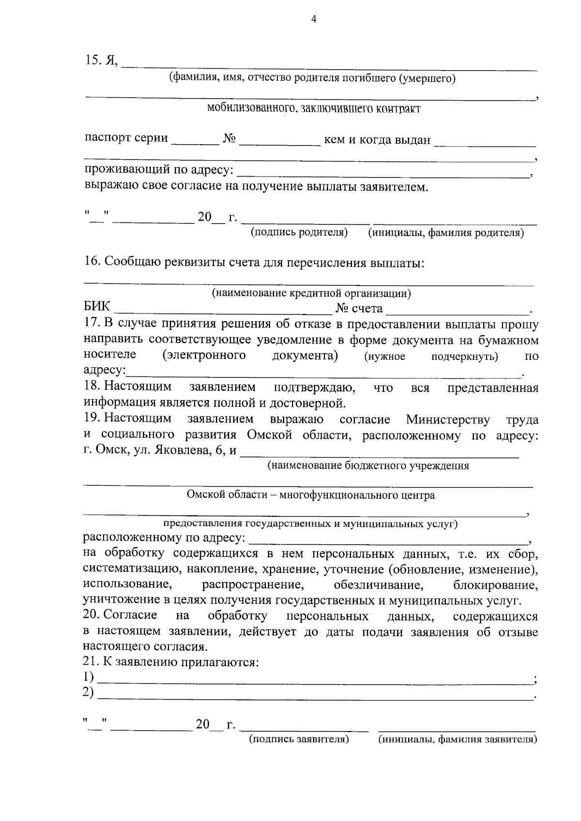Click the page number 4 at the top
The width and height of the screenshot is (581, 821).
[313, 19]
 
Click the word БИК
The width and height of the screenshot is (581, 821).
[97, 307]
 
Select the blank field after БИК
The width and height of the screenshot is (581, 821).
[222, 310]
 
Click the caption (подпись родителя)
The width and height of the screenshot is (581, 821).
[299, 233]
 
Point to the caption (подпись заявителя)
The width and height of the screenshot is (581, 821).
[299, 739]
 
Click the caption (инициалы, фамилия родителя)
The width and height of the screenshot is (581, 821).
[446, 233]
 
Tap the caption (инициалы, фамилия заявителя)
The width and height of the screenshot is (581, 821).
[458, 739]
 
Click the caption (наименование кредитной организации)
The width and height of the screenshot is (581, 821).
[311, 293]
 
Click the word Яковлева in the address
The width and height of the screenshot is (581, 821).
[179, 450]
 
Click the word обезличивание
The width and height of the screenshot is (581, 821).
[379, 585]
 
